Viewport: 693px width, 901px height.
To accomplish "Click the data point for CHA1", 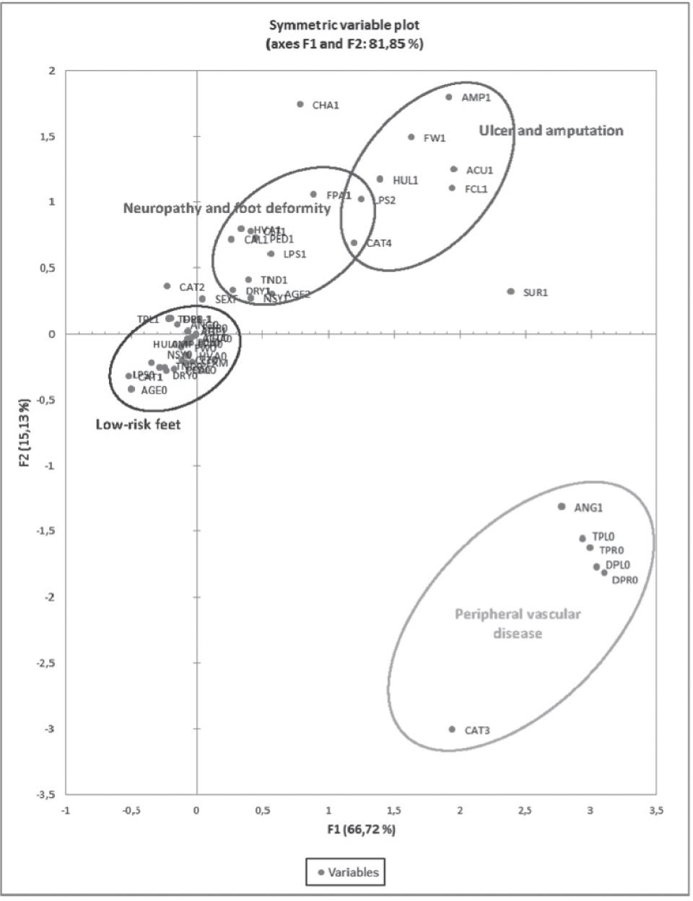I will click(x=300, y=104).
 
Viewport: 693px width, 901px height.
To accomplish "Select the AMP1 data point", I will click(x=448, y=97).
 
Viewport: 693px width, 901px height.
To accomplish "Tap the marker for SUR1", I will click(x=510, y=292).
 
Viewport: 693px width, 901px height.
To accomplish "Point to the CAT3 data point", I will click(x=452, y=729).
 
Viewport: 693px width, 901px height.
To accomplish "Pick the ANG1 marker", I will click(x=562, y=507).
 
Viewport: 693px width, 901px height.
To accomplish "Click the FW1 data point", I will click(x=411, y=136).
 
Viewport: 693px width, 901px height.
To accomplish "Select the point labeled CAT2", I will click(x=167, y=286).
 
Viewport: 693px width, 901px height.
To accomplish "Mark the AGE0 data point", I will click(x=131, y=389).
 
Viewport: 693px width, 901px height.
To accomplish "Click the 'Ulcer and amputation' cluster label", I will click(x=551, y=131).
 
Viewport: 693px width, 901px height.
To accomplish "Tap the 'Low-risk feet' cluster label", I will click(x=138, y=425).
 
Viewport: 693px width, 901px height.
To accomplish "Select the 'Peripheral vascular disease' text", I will click(x=518, y=624).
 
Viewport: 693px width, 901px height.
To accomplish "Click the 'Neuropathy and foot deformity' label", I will click(x=227, y=209).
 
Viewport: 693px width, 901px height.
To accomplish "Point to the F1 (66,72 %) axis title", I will click(x=361, y=830).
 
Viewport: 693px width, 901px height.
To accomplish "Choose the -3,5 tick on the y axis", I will click(x=48, y=795).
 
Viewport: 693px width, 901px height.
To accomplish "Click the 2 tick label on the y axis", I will click(x=52, y=71).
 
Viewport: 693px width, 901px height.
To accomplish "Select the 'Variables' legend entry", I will click(x=346, y=872).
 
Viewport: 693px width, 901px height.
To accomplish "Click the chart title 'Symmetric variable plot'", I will click(x=344, y=25).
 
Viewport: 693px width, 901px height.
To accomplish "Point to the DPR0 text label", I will click(x=624, y=580).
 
